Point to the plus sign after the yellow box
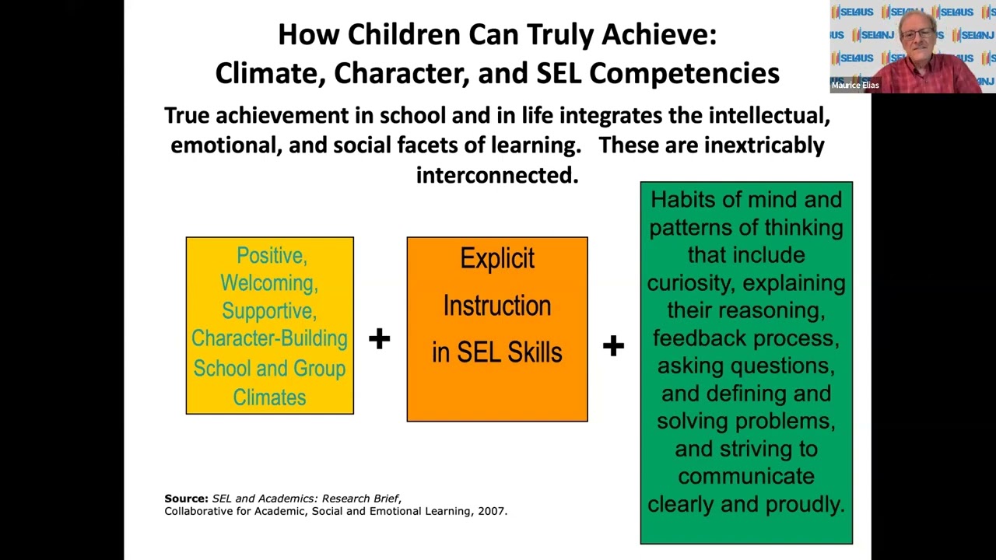point(379,338)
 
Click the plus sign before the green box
point(613,345)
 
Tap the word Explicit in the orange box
point(496,258)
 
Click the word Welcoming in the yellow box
point(269,283)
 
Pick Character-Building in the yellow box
point(269,338)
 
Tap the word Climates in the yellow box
point(269,397)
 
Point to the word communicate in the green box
point(745,476)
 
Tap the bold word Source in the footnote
point(186,499)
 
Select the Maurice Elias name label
point(854,86)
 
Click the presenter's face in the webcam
point(917,35)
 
